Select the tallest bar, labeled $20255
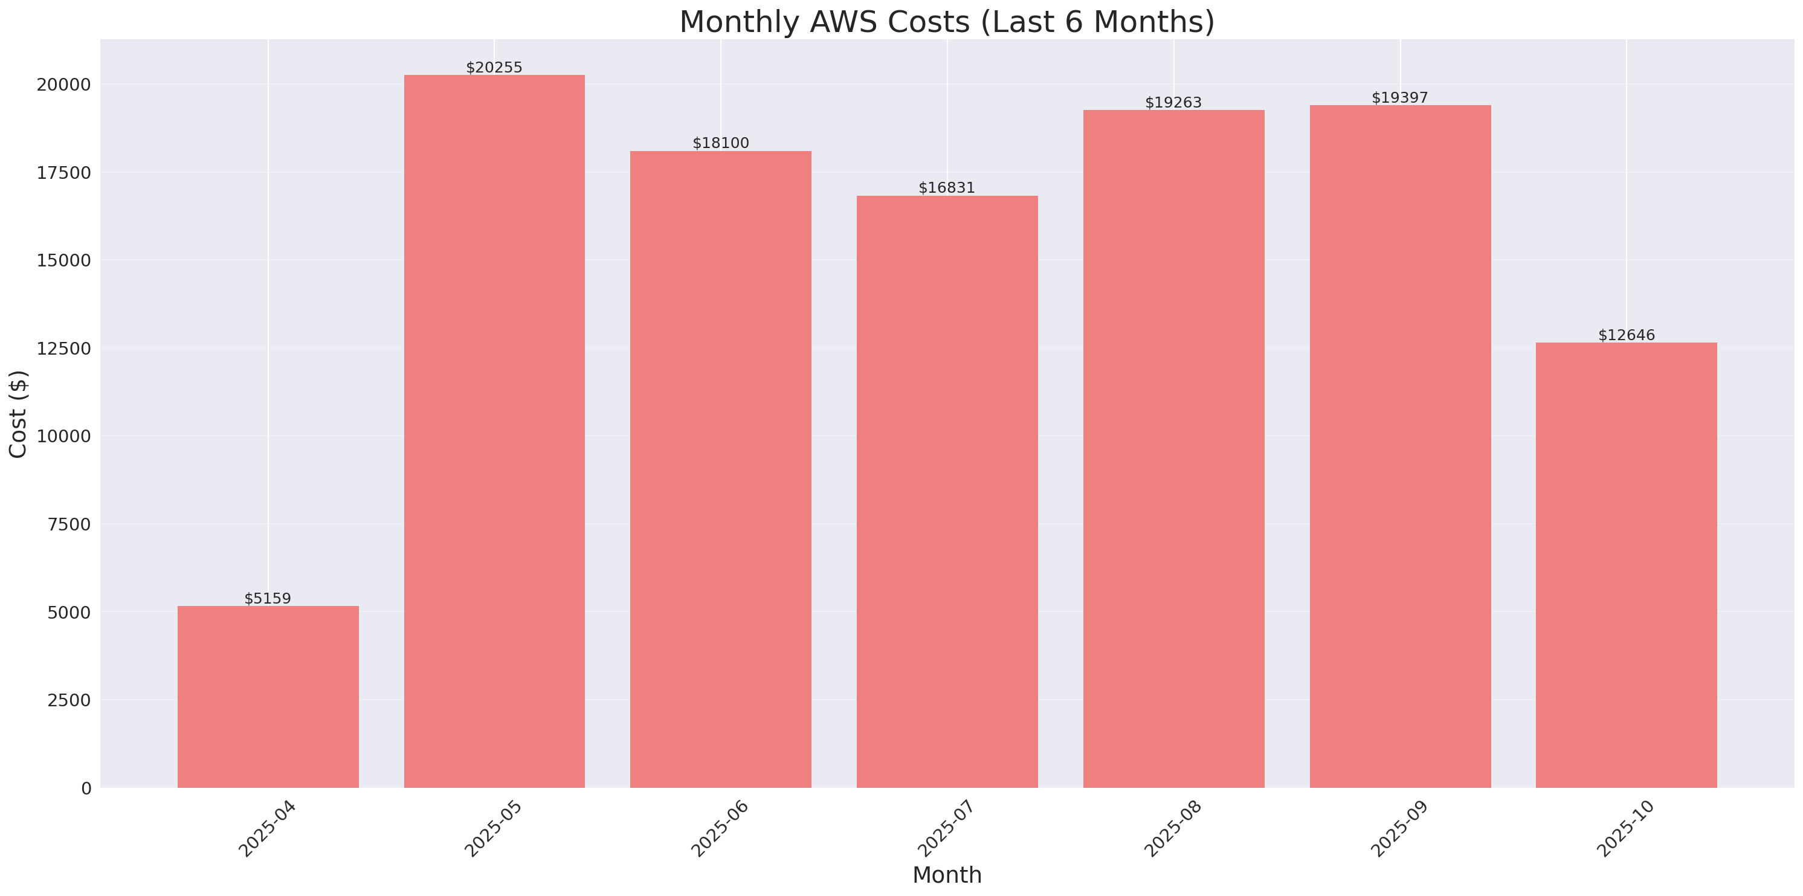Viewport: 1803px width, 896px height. pyautogui.click(x=494, y=431)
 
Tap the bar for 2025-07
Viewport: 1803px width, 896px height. pyautogui.click(x=947, y=491)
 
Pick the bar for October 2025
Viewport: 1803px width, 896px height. pyautogui.click(x=1626, y=565)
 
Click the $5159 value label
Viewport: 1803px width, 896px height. pyautogui.click(x=268, y=599)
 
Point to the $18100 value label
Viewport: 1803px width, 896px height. pyautogui.click(x=720, y=143)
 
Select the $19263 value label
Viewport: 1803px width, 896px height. pyautogui.click(x=1173, y=102)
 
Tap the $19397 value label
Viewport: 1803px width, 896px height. pyautogui.click(x=1399, y=97)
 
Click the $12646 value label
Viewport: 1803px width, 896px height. pyautogui.click(x=1626, y=335)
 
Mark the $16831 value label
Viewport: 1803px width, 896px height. pyautogui.click(x=946, y=188)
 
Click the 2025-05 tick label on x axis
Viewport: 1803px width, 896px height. pyautogui.click(x=494, y=828)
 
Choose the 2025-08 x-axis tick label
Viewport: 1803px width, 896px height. pyautogui.click(x=1172, y=828)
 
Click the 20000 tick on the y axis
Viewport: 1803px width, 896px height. pyautogui.click(x=63, y=85)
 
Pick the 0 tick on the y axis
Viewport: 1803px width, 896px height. pyautogui.click(x=86, y=789)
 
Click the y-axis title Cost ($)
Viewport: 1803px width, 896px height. pyautogui.click(x=18, y=414)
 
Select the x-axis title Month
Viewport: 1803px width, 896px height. pyautogui.click(x=947, y=875)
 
